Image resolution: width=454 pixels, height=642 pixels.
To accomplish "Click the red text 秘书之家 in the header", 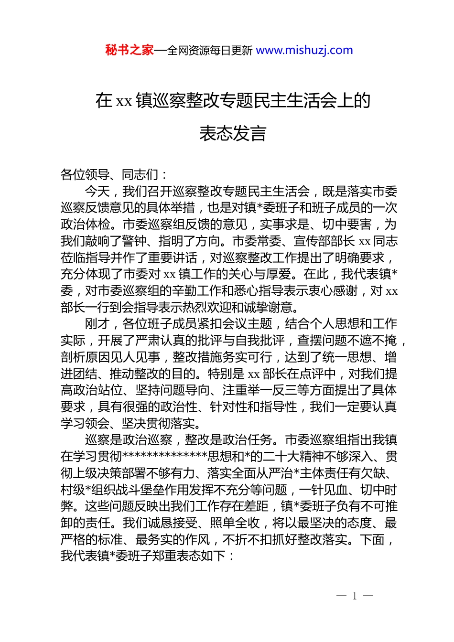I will pos(130,50).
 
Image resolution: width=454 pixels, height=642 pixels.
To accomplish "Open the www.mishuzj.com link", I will pos(304,50).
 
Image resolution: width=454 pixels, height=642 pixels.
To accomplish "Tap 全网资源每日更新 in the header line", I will pos(210,50).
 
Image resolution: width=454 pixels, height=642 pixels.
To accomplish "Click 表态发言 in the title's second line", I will pos(233,133).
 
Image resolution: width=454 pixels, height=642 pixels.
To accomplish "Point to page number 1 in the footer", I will pos(355,596).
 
